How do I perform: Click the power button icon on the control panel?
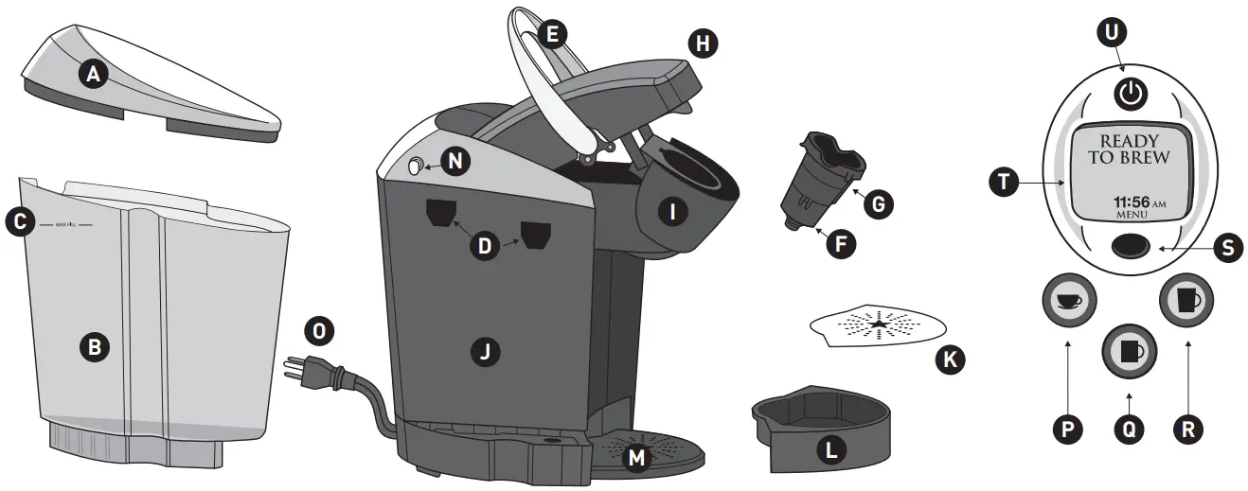point(1129,93)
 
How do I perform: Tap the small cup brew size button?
point(1068,300)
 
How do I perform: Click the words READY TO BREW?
point(1128,149)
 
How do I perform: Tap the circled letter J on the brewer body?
point(485,352)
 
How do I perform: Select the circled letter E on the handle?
point(550,35)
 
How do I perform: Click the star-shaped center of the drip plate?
point(879,324)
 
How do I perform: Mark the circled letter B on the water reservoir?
point(94,347)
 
